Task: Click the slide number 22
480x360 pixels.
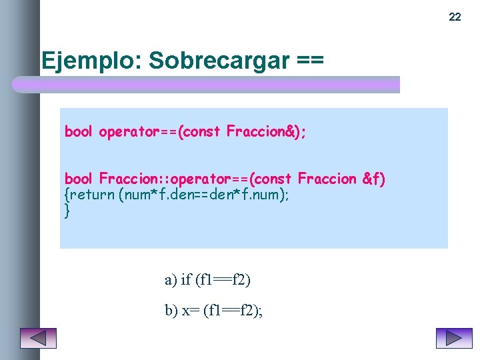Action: [x=455, y=17]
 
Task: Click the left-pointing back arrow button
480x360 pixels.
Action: [x=38, y=339]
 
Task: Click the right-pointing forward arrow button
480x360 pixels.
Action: [x=454, y=339]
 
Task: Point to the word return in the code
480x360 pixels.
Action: [x=92, y=195]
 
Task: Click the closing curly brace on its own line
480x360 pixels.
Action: [x=67, y=211]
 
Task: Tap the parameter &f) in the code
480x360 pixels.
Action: [x=374, y=179]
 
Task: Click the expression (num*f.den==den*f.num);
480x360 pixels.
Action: [x=204, y=195]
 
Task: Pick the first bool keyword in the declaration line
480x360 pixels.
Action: [x=78, y=131]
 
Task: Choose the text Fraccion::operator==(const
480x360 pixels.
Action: [x=195, y=179]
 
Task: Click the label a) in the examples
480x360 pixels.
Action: [x=171, y=279]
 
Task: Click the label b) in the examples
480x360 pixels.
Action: [x=171, y=310]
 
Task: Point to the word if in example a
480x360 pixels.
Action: [x=186, y=279]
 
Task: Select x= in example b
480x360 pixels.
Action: [x=190, y=310]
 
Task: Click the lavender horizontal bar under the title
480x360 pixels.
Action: [x=207, y=85]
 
